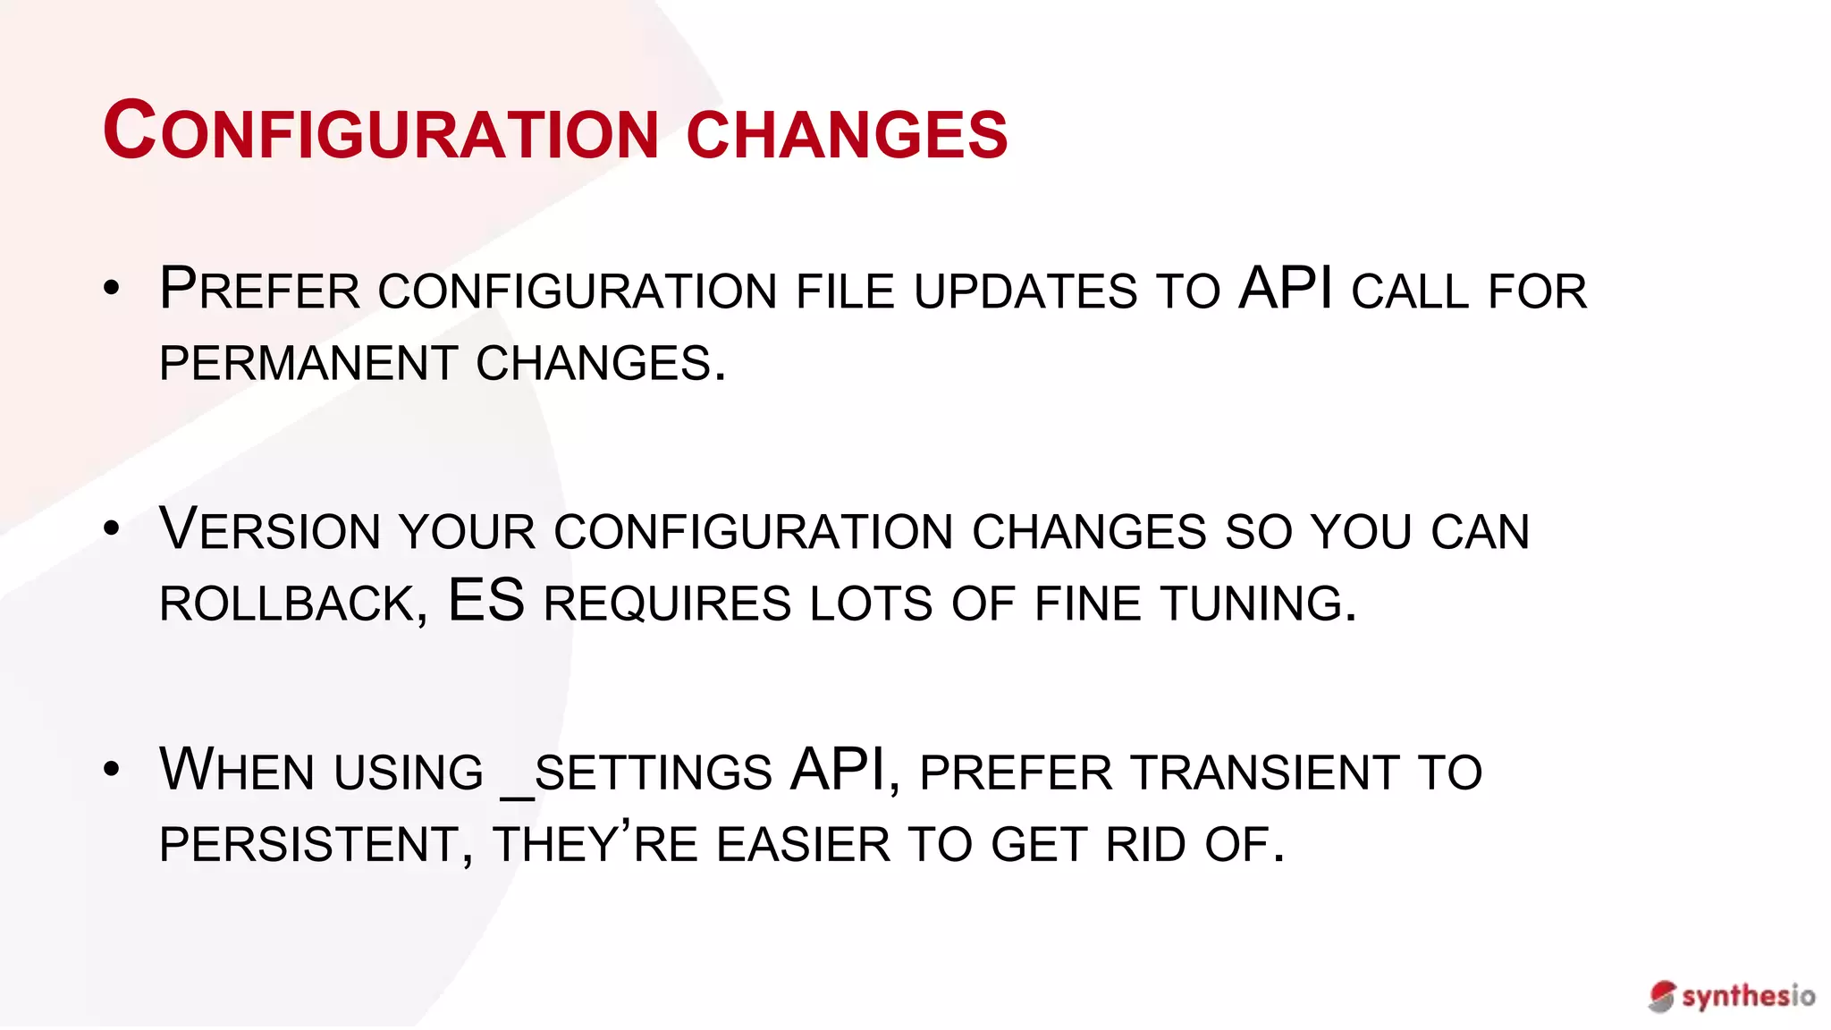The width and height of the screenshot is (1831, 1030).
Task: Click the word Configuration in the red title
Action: click(381, 132)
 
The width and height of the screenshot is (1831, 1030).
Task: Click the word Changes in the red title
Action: click(847, 135)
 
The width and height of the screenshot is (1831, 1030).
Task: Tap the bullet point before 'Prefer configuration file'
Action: click(111, 288)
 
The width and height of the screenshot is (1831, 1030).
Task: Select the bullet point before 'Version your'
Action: click(111, 528)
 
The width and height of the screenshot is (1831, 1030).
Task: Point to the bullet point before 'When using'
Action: click(111, 769)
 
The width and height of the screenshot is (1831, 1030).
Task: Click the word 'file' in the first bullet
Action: click(845, 291)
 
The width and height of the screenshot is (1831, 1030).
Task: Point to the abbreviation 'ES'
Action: click(486, 600)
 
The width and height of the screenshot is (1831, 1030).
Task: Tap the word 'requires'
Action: click(667, 604)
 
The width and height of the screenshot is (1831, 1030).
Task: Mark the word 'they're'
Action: click(595, 844)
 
